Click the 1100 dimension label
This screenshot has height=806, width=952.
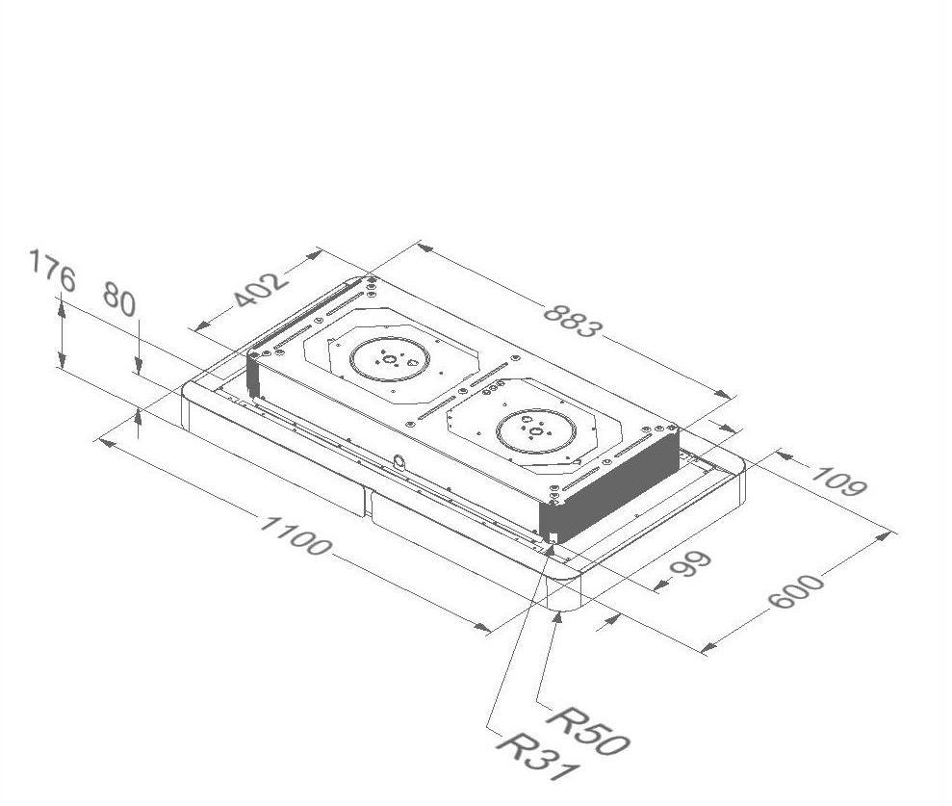click(296, 535)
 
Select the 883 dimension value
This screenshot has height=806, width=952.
click(573, 320)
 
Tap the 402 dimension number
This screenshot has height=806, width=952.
click(260, 290)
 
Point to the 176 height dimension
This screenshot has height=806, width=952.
click(52, 271)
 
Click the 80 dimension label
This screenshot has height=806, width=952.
click(119, 299)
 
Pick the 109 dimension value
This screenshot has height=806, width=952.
click(838, 481)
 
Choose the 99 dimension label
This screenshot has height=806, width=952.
click(690, 565)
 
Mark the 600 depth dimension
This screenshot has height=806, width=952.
click(796, 590)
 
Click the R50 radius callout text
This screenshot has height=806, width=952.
click(588, 730)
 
